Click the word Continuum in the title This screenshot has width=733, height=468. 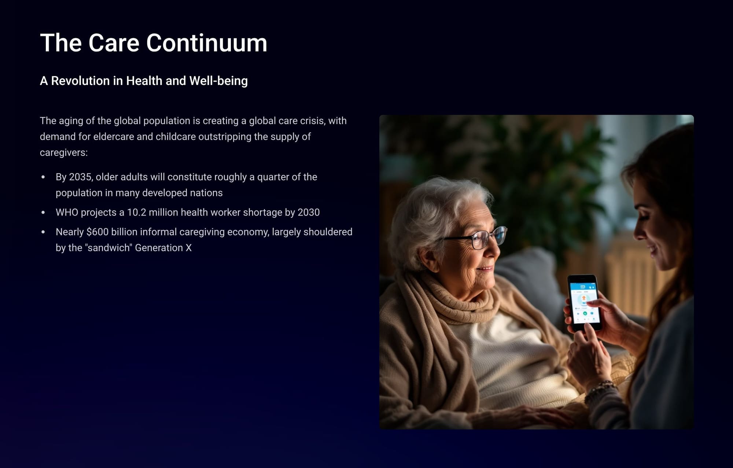pos(207,43)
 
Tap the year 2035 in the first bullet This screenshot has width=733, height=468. pos(81,177)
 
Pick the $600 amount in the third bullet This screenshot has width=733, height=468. pos(97,232)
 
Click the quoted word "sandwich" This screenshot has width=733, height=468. pos(108,248)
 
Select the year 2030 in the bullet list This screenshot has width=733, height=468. pos(309,213)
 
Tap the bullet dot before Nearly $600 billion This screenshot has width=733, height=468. pos(43,232)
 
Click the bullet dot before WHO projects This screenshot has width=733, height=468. pos(43,213)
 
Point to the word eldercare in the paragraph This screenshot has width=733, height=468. pos(114,137)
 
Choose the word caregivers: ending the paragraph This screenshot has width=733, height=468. pos(64,152)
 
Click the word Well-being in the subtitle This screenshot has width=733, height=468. pos(218,81)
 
